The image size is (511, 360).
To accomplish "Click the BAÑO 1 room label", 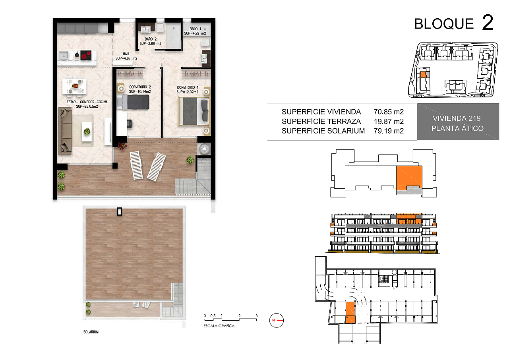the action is coord(195,29).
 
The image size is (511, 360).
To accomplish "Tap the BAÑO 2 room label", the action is coord(151,39).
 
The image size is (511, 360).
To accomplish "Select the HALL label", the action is coord(126,54).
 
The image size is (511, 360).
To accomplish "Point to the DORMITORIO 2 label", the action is coord(140,87).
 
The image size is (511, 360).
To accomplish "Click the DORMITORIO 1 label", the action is coord(188,87).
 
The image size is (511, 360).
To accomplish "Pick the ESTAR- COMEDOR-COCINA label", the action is coord(87,102).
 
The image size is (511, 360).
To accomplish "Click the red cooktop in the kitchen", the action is coord(86,55).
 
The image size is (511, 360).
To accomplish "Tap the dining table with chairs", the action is coord(75,86).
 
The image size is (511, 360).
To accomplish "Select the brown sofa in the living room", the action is coord(65,131).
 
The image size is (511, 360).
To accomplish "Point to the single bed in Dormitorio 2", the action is coord(133,102).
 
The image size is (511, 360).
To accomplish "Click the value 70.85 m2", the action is coord(389,112).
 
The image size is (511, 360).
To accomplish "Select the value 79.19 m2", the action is coord(389,131).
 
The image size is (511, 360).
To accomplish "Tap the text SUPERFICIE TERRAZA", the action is coord(321,121).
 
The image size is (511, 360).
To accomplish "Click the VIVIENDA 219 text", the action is coord(457,118).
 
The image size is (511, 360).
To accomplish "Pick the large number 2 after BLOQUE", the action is coord(488,22).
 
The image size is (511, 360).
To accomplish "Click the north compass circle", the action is coord(277,320).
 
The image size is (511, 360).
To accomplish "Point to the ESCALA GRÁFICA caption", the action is coord(219,326).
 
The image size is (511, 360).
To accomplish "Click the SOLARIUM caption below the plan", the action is coord(91,332).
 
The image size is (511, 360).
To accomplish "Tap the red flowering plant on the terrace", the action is coord(122,146).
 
